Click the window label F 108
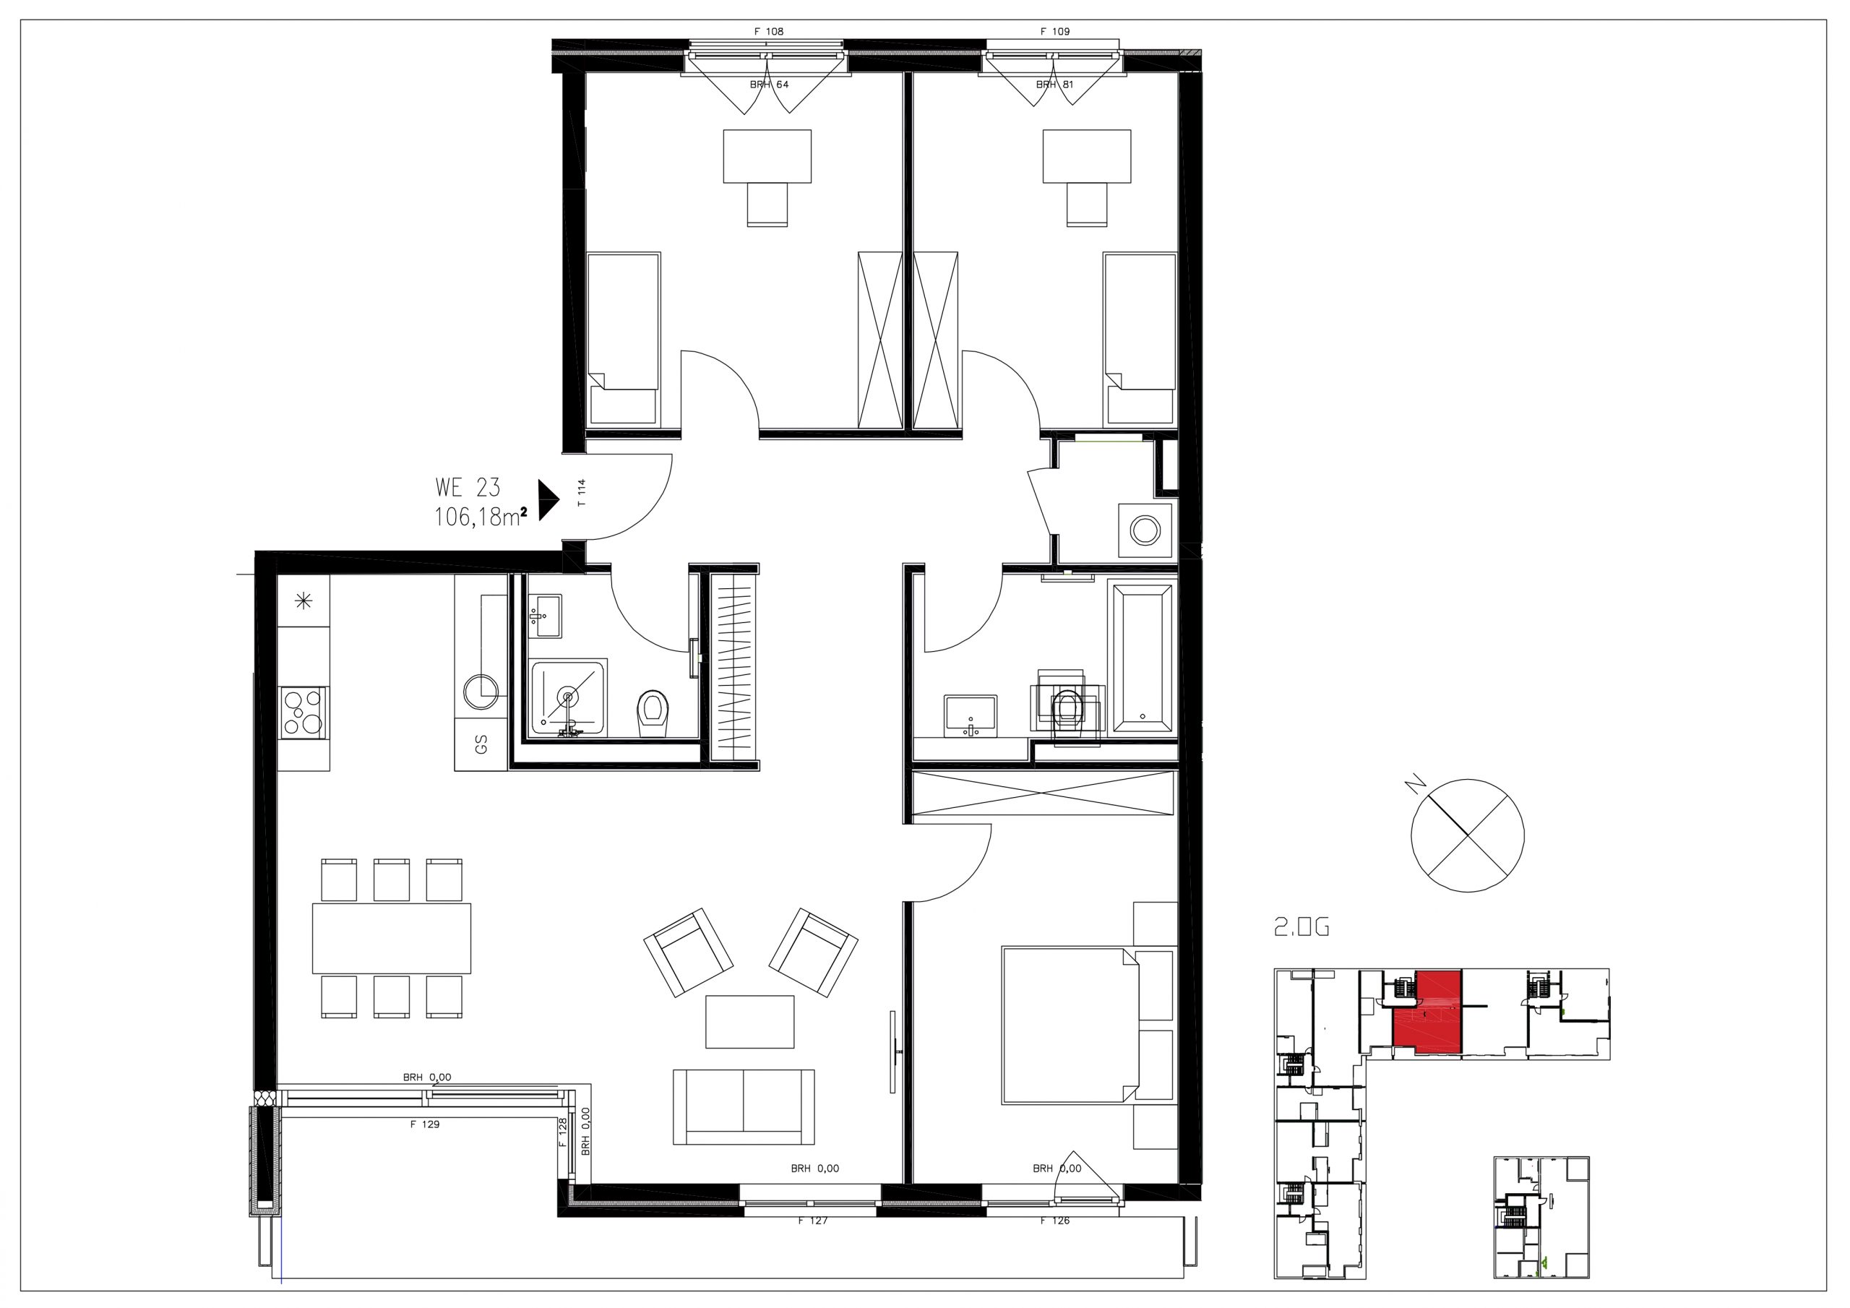[x=769, y=31]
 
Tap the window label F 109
[x=1055, y=31]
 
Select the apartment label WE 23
[x=468, y=488]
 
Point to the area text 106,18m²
[x=481, y=517]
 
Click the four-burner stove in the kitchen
[x=304, y=712]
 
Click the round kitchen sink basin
[x=482, y=691]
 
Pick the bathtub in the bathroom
[x=1142, y=658]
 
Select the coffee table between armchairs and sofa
[x=749, y=1022]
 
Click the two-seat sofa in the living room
[x=743, y=1107]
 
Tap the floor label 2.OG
[x=1302, y=929]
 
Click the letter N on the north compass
[x=1411, y=783]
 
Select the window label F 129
[x=425, y=1124]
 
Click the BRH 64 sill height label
[x=770, y=85]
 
